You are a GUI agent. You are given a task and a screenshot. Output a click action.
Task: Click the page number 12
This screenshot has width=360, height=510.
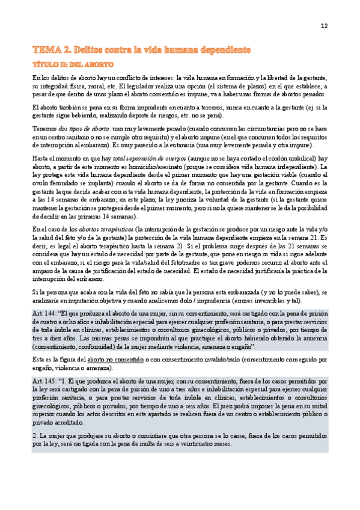point(324,26)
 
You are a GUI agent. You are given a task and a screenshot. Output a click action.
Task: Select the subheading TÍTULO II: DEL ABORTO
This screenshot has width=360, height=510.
point(73,64)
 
